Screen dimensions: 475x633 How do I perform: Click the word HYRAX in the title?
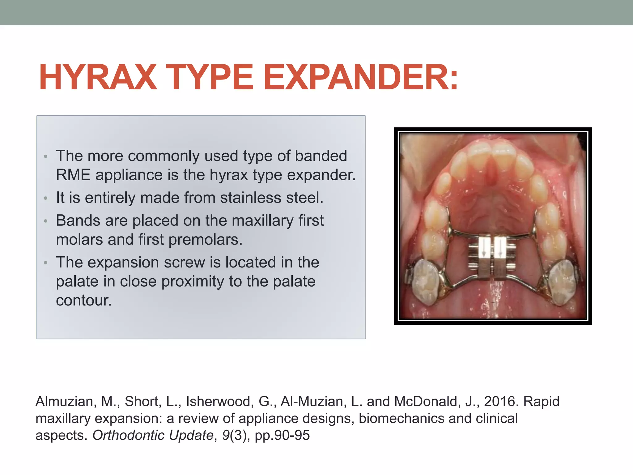click(x=98, y=77)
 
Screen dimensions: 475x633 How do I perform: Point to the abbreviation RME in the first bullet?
click(x=73, y=175)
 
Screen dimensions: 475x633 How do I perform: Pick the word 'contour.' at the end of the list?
click(x=84, y=300)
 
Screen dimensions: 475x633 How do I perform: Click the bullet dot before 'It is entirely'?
click(x=45, y=198)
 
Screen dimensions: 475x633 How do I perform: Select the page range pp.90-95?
click(x=282, y=435)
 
